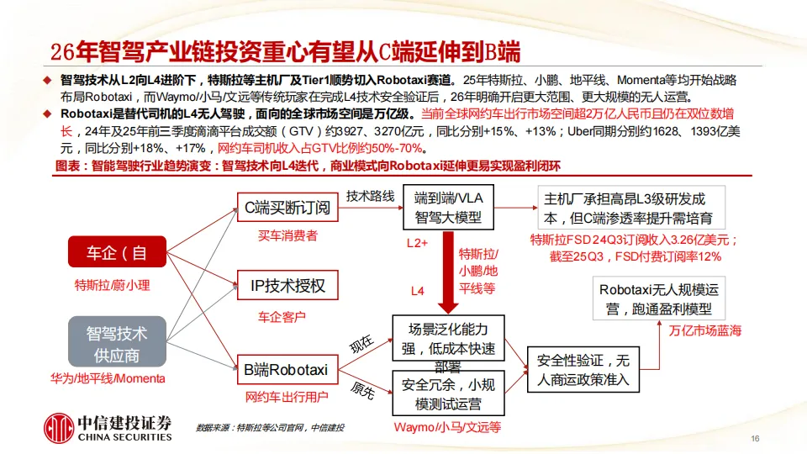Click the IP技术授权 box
pos(287,286)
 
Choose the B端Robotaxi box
pos(286,368)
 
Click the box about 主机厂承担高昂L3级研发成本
pos(624,207)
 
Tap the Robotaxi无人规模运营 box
pos(658,299)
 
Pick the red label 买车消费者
pos(287,236)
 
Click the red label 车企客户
pos(282,317)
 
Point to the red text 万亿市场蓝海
pos(706,330)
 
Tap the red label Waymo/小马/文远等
pos(447,427)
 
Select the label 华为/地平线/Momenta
pos(108,378)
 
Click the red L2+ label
pos(418,243)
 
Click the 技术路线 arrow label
pos(370,195)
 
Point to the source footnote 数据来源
pos(269,428)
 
